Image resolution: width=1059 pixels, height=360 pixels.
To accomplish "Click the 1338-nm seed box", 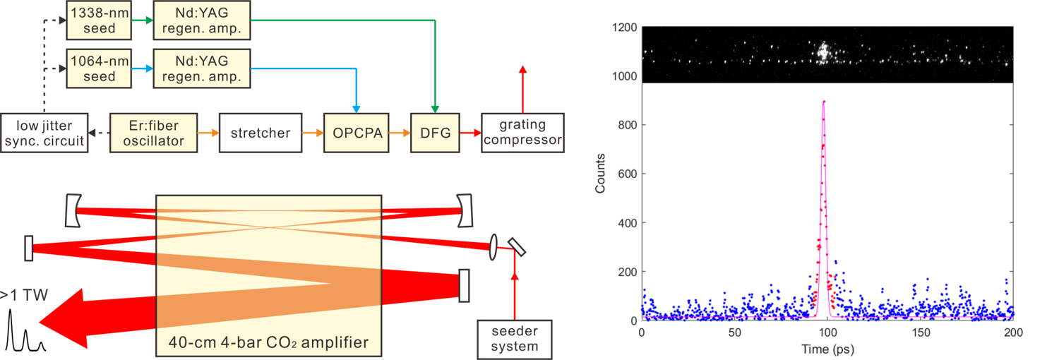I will point(99,19).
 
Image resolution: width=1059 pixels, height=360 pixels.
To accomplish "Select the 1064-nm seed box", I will point(99,68).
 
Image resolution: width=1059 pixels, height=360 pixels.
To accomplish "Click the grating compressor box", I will point(522,132).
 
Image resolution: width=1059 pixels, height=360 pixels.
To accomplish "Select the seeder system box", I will point(514,339).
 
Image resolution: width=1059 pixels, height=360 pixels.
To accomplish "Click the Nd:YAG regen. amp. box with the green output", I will point(202,19).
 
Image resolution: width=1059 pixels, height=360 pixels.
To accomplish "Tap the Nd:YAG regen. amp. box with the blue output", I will point(202,68).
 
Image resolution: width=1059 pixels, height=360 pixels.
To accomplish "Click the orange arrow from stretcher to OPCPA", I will point(311,132).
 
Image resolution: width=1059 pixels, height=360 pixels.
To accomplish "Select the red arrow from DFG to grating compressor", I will point(469,132).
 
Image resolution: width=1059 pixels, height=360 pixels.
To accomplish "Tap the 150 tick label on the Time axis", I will point(920,332).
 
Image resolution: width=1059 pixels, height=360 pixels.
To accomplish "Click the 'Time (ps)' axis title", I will point(827,349).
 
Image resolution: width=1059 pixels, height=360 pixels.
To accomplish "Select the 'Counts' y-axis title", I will point(600,174).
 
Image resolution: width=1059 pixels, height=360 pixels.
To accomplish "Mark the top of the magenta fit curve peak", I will point(824,101).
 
